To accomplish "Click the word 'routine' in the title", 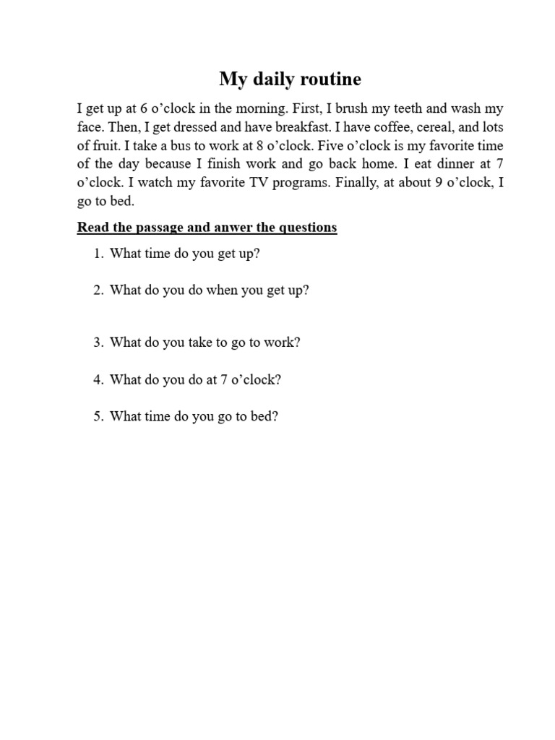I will click(328, 79).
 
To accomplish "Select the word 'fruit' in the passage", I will click(106, 146).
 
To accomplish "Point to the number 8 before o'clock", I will click(260, 146).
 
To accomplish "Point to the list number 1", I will click(97, 254).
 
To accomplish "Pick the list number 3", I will click(97, 343).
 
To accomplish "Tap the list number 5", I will click(97, 416).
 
